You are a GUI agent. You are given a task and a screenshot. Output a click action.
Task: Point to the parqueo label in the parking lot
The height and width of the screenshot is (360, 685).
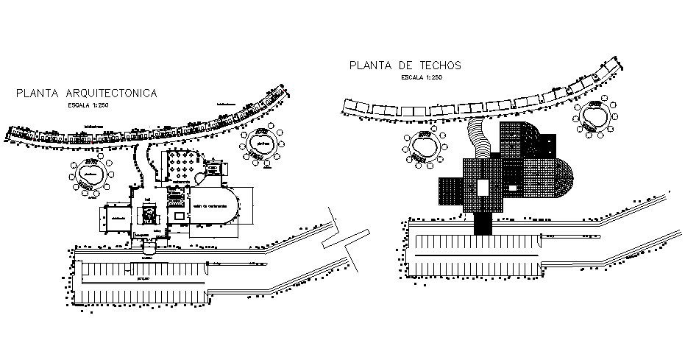[143, 280]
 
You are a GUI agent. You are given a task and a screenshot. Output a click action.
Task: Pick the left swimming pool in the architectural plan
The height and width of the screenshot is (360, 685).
[92, 176]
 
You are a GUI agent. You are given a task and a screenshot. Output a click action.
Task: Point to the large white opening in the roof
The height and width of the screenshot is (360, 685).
[483, 187]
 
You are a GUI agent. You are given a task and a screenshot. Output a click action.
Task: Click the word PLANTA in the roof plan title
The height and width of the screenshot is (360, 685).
[372, 66]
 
